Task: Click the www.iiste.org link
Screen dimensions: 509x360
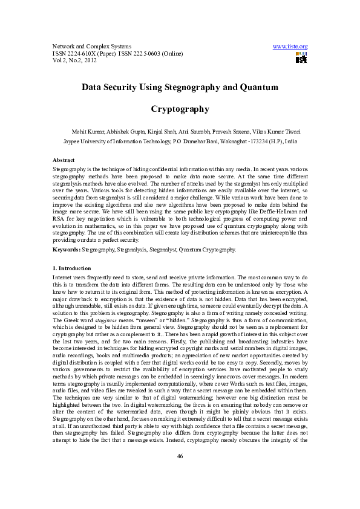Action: tap(290, 47)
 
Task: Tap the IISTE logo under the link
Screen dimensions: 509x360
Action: tap(301, 57)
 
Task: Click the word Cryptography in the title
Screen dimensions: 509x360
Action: tap(180, 109)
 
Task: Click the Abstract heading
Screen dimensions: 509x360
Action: tap(64, 160)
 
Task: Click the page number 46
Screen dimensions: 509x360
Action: tap(180, 473)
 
